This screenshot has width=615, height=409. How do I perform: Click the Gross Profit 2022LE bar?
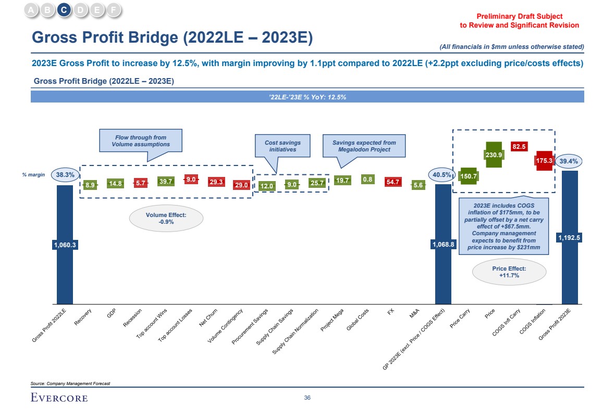point(65,271)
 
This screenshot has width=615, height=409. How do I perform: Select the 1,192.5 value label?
point(570,237)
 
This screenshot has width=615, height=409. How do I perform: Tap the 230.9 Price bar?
point(494,155)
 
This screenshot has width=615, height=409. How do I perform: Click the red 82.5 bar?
point(519,147)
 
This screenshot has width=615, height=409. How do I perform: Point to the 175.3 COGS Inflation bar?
point(544,161)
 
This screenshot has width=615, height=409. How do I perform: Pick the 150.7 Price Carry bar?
point(469,176)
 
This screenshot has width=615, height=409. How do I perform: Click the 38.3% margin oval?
point(65,175)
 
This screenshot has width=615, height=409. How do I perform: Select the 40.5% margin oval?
point(442,175)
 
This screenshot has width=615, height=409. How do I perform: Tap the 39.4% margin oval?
point(569,162)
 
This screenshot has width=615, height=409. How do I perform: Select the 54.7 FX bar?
point(392,182)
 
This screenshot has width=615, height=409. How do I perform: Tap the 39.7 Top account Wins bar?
point(166,181)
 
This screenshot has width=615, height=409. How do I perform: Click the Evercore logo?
point(59,399)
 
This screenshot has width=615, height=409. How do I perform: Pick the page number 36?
point(308,398)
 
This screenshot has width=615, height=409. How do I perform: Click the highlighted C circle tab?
point(64,9)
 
